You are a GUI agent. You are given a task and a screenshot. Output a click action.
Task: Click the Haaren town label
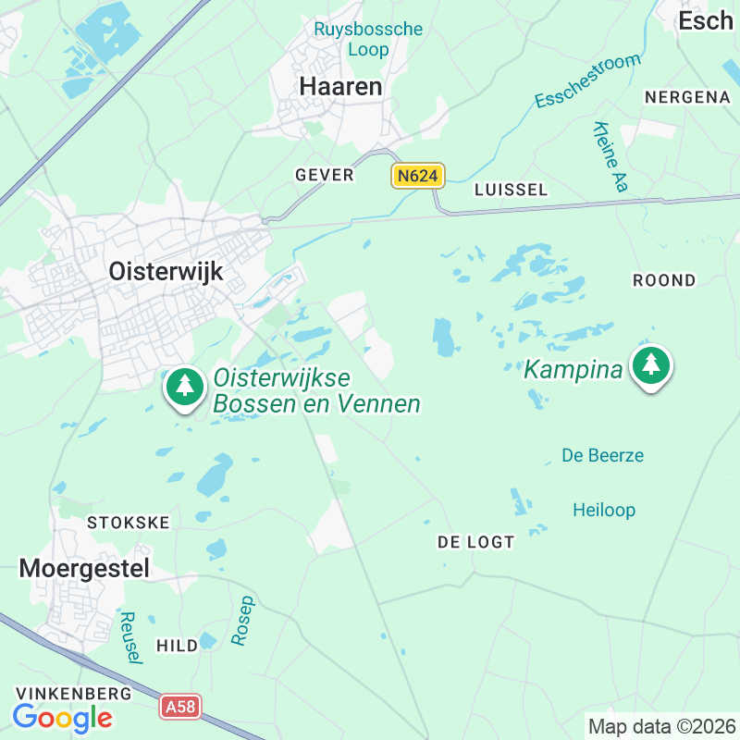(340, 86)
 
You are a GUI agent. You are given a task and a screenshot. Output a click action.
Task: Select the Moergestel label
(84, 568)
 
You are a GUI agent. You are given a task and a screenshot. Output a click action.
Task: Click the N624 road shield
(418, 176)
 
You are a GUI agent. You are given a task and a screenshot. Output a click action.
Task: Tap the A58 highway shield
(179, 708)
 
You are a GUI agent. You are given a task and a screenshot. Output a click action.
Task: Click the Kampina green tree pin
(652, 366)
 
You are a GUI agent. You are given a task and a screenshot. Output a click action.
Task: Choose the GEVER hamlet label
(325, 175)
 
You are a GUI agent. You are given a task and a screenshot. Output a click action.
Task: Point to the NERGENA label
(687, 97)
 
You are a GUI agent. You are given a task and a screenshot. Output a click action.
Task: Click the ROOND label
(664, 279)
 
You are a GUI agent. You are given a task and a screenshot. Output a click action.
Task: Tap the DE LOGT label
(475, 542)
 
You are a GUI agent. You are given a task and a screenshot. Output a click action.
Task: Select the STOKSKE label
(129, 523)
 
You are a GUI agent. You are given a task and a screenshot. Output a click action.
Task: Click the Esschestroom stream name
(587, 81)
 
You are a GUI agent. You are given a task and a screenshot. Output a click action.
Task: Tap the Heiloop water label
(604, 510)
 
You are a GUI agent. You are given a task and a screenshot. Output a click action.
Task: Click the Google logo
(62, 717)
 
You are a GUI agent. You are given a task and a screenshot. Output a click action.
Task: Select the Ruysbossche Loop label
(368, 39)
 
